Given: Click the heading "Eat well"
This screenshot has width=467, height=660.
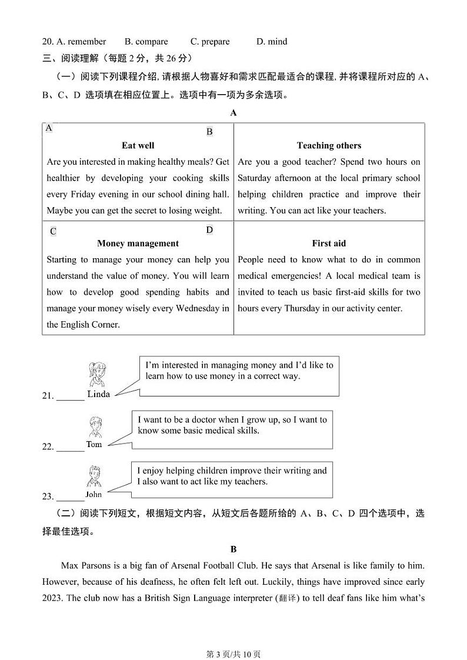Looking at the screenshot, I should pyautogui.click(x=138, y=145).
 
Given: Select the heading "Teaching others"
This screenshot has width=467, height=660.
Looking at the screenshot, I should pyautogui.click(x=329, y=145).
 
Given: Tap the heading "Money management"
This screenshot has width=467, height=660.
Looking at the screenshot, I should pyautogui.click(x=138, y=243).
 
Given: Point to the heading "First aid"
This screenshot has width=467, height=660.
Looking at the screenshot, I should pyautogui.click(x=329, y=243).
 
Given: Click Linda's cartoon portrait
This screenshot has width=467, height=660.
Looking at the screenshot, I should pyautogui.click(x=97, y=374).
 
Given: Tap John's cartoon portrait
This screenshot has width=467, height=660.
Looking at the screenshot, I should pyautogui.click(x=94, y=477).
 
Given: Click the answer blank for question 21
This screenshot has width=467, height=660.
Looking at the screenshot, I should pyautogui.click(x=71, y=398).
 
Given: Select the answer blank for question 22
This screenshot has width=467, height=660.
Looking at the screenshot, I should pyautogui.click(x=71, y=448).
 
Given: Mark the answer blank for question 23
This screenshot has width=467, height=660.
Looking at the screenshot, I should pyautogui.click(x=71, y=498).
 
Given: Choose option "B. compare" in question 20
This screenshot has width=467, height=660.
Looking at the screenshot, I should pyautogui.click(x=146, y=42).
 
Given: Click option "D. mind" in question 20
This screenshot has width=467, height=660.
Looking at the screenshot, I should pyautogui.click(x=272, y=42).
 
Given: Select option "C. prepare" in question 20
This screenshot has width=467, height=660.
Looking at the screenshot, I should pyautogui.click(x=210, y=42).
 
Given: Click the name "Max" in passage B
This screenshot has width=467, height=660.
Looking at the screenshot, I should pyautogui.click(x=70, y=565).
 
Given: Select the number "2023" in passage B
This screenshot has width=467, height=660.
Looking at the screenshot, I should pyautogui.click(x=53, y=598).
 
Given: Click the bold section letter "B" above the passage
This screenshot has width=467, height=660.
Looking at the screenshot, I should pyautogui.click(x=233, y=549).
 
